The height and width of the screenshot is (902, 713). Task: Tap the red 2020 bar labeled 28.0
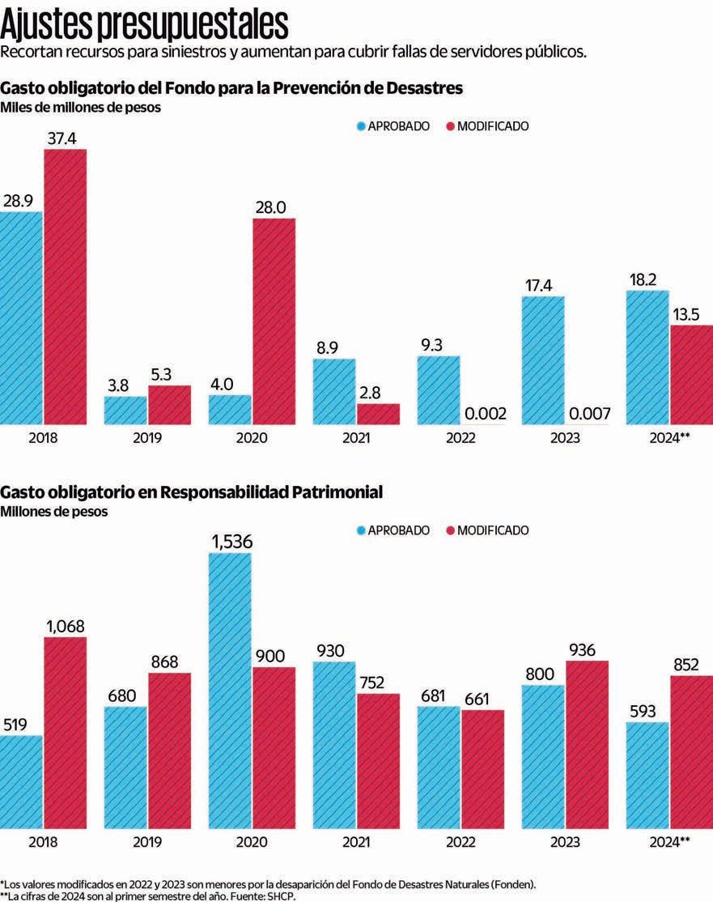click(274, 321)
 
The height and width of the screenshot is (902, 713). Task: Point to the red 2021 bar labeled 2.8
click(378, 414)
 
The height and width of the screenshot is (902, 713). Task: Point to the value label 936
click(587, 649)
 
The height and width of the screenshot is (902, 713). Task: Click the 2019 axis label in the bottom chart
click(147, 842)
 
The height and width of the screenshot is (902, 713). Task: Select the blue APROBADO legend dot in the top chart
click(361, 126)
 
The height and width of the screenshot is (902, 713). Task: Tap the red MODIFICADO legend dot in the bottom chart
click(450, 530)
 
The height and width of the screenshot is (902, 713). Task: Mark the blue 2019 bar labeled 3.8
click(125, 410)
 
